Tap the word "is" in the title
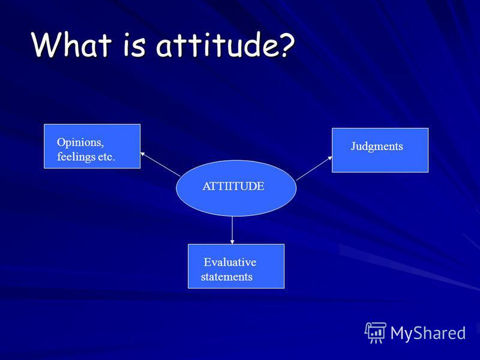pyautogui.click(x=134, y=46)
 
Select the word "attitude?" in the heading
pyautogui.click(x=226, y=46)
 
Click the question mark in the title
pyautogui.click(x=284, y=46)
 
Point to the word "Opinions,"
pyautogui.click(x=80, y=143)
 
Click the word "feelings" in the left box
pyautogui.click(x=76, y=157)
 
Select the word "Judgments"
pyautogui.click(x=377, y=146)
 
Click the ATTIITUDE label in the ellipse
pyautogui.click(x=233, y=186)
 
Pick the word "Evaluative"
pyautogui.click(x=230, y=262)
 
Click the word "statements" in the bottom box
pyautogui.click(x=227, y=277)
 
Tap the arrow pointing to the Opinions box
pyautogui.click(x=160, y=164)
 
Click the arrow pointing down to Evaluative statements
pyautogui.click(x=232, y=230)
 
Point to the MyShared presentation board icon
pyautogui.click(x=375, y=333)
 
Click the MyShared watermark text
pyautogui.click(x=428, y=333)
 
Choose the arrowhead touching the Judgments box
pyautogui.click(x=330, y=158)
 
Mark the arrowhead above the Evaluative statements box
pyautogui.click(x=232, y=242)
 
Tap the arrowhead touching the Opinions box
pyautogui.click(x=142, y=154)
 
